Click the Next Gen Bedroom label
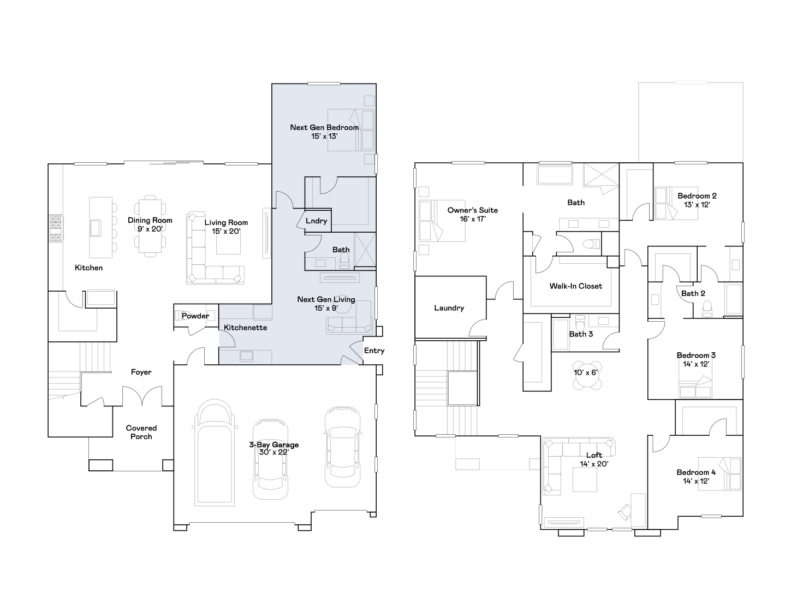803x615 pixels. (324, 127)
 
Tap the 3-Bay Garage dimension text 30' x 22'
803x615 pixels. (274, 452)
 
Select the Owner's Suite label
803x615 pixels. (473, 210)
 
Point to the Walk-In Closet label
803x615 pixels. (576, 286)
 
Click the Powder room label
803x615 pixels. (195, 316)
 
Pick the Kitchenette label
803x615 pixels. (245, 328)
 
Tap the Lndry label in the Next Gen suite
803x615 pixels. (316, 221)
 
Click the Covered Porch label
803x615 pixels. (141, 433)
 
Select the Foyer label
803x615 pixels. (141, 372)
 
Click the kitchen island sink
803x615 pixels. (96, 228)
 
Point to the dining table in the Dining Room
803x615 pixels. (150, 226)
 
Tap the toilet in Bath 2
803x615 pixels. (707, 309)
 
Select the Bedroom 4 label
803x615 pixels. (696, 472)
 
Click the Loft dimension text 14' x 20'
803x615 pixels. (594, 464)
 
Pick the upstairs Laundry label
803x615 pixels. (449, 308)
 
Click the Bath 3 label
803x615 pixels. (581, 334)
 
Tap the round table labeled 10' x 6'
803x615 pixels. (587, 375)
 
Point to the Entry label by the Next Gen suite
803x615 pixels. (374, 351)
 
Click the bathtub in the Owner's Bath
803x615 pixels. (555, 175)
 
